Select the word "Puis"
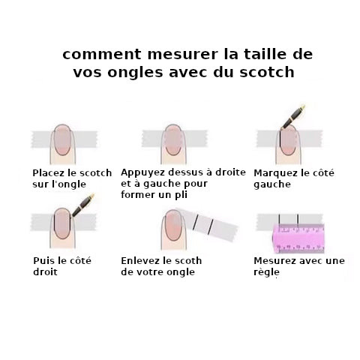(x=43, y=261)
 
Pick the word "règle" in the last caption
(x=266, y=272)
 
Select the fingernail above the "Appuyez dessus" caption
(x=173, y=139)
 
